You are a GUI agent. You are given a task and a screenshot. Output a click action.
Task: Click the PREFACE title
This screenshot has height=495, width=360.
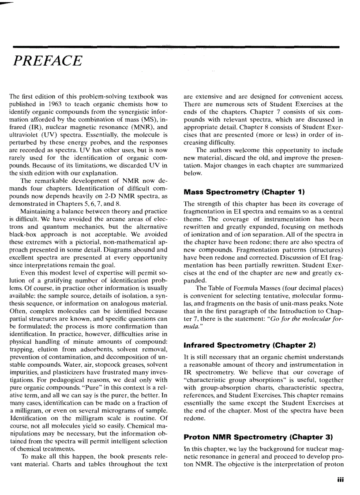48,60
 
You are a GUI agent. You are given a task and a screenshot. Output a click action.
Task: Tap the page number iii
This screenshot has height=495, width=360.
340,481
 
